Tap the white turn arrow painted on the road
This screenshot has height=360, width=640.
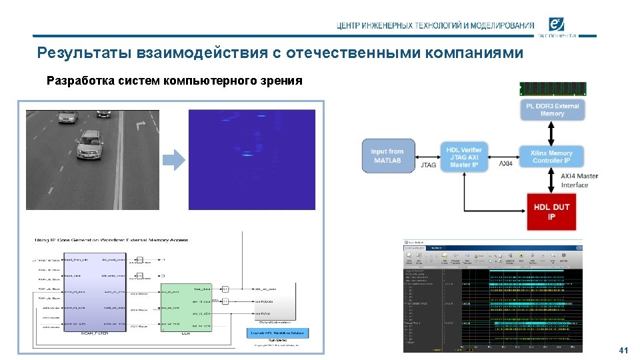pos(140,125)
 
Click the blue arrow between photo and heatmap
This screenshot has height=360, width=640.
pos(174,159)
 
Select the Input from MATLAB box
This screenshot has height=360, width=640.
pos(387,155)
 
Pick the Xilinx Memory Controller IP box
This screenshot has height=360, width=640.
pos(551,157)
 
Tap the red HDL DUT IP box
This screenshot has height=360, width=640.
pos(551,211)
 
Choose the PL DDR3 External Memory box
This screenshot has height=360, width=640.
pos(552,110)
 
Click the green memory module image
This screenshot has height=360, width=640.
pos(553,88)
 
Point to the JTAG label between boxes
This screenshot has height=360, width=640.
pos(429,165)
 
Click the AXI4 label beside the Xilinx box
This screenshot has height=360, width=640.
pos(507,163)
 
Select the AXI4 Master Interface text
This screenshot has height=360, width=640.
pos(579,180)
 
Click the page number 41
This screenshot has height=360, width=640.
pos(624,350)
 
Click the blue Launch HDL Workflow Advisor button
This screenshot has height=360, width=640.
pos(277,332)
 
